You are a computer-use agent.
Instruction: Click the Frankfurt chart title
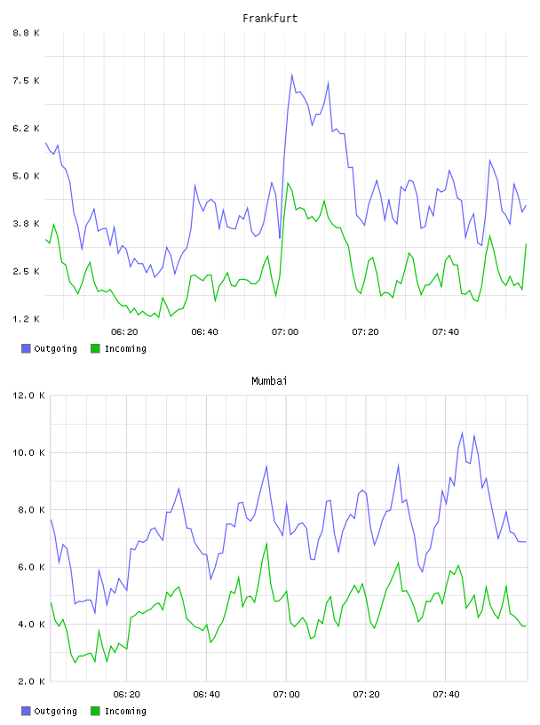pos(270,19)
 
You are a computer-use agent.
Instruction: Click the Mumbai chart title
pos(269,381)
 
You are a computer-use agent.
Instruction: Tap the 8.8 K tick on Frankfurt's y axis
pos(27,33)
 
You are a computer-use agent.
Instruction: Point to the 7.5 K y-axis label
pos(27,81)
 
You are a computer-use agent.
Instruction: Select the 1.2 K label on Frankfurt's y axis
pos(27,319)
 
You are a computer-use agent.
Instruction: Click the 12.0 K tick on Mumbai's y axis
pos(28,395)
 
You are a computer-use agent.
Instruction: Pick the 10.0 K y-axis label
pos(28,452)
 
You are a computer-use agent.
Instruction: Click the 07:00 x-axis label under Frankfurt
pos(285,332)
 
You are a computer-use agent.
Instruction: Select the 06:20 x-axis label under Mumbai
pos(127,695)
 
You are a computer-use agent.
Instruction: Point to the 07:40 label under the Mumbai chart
pos(446,695)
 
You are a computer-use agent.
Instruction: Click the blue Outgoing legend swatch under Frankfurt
pos(26,348)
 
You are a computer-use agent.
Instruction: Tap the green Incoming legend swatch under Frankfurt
pos(95,348)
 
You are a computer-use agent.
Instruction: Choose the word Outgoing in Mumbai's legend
pos(55,711)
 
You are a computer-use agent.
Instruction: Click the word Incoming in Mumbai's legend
pos(125,711)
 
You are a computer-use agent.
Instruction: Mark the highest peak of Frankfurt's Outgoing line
pos(291,75)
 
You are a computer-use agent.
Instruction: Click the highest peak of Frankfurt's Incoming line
pos(288,183)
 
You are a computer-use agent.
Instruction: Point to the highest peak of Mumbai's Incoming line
pos(266,543)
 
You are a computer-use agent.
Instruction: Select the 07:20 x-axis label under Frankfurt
pos(365,332)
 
